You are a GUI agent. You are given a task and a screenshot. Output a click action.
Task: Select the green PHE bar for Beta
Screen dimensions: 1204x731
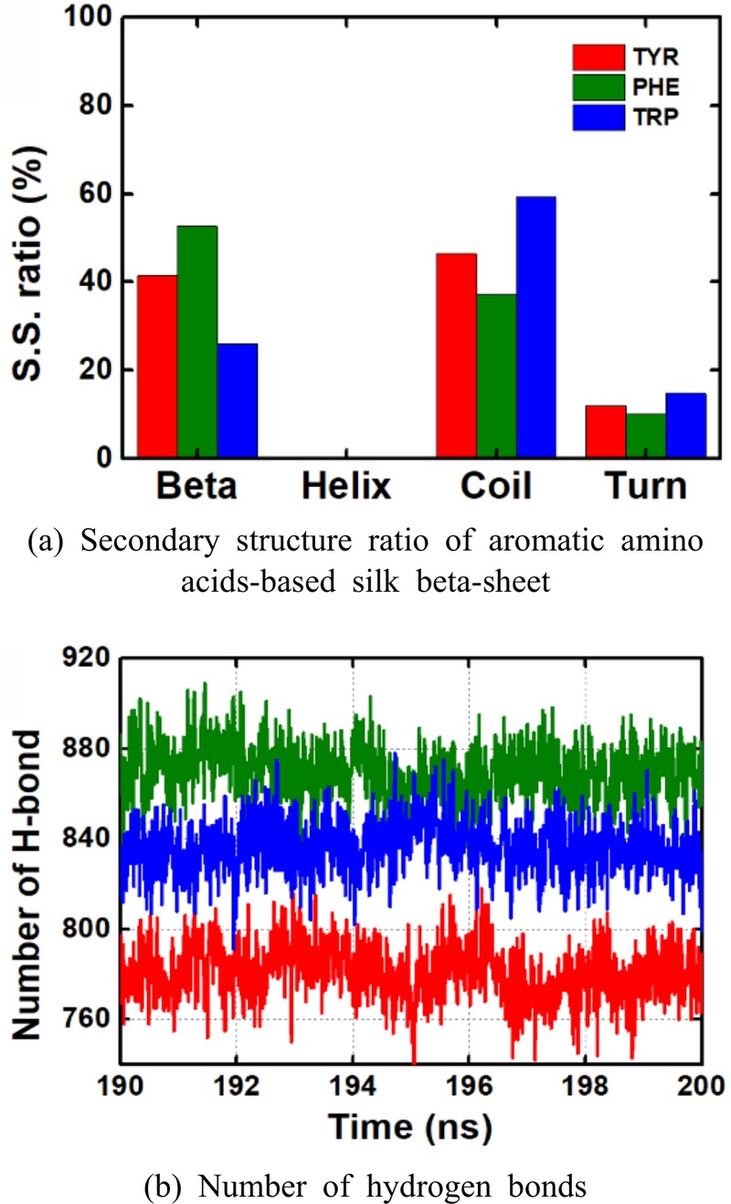(197, 342)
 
